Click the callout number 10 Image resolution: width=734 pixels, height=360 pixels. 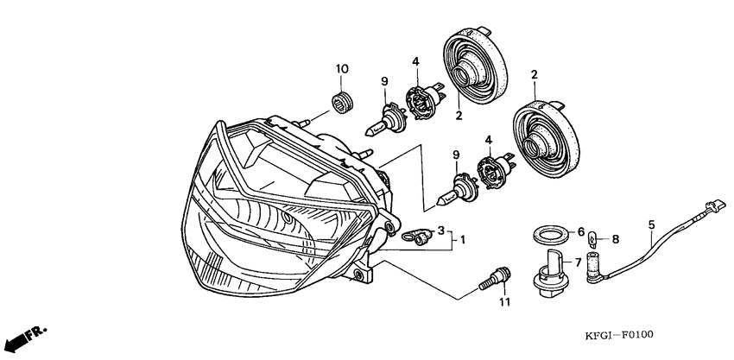click(342, 69)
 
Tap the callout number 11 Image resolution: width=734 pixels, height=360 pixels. click(503, 303)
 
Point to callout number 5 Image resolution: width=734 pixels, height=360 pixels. click(652, 224)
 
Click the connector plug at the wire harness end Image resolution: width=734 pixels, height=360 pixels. click(716, 205)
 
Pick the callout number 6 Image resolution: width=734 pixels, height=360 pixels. click(581, 231)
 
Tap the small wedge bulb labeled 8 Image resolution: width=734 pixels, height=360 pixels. click(592, 239)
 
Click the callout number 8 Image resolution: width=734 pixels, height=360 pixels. click(615, 240)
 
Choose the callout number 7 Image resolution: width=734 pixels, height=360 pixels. click(578, 262)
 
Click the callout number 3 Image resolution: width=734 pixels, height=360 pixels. click(440, 231)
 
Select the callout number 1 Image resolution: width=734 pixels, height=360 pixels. click(463, 240)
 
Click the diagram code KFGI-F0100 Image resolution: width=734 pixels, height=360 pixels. click(618, 335)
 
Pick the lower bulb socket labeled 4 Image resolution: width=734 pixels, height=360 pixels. click(496, 171)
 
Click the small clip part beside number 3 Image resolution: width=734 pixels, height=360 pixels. click(416, 236)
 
